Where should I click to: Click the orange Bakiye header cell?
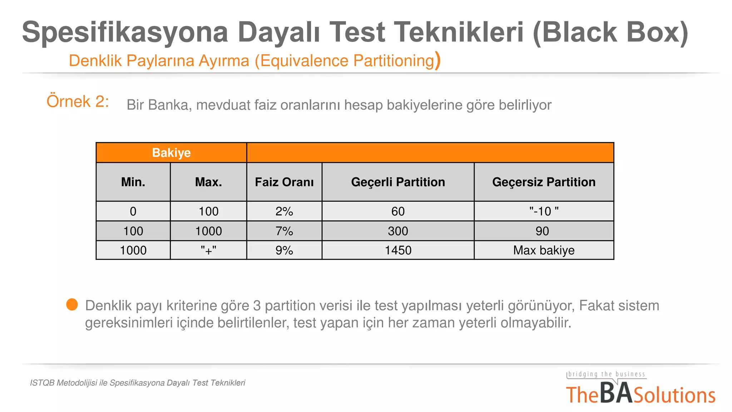(171, 153)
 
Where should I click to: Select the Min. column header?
(133, 182)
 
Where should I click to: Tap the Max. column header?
(208, 182)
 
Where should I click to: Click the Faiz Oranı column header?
(284, 182)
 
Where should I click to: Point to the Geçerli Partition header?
(398, 182)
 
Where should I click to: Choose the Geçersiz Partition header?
(544, 182)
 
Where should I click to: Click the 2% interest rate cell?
(284, 211)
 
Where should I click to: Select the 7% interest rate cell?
(284, 231)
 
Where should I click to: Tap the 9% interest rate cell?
(284, 250)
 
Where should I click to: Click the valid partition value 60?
(398, 211)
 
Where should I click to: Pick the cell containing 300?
(398, 231)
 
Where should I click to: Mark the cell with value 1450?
(398, 250)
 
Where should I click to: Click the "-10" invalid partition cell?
(544, 211)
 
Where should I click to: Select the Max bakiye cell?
(544, 250)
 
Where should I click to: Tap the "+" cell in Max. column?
(208, 250)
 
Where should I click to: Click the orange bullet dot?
(72, 305)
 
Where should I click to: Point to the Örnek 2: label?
(78, 102)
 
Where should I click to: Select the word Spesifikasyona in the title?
(125, 32)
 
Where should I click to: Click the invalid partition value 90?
(542, 231)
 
